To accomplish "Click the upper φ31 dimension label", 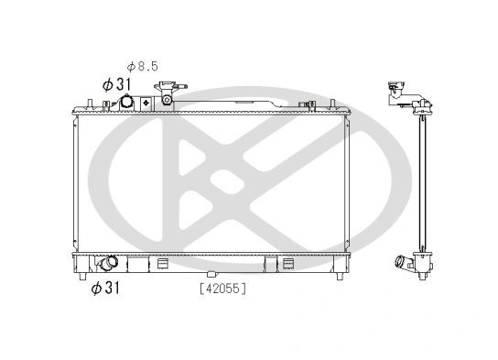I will tap(118, 83).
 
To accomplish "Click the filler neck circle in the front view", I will tap(168, 93).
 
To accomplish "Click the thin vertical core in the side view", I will tap(422, 183).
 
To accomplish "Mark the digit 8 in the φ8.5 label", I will tap(146, 66).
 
